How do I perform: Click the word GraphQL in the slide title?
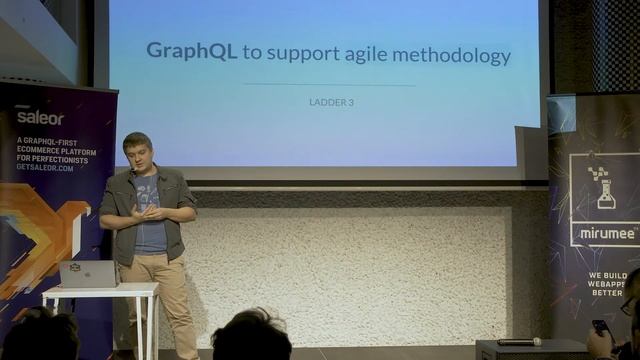(191, 52)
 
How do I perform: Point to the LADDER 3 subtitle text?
(331, 102)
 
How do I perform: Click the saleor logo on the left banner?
(39, 117)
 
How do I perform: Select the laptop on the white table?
(88, 273)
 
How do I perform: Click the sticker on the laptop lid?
(75, 268)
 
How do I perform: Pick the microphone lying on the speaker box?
(519, 342)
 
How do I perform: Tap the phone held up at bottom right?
(600, 327)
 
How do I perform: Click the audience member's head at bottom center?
(251, 336)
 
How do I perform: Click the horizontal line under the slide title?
(329, 85)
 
